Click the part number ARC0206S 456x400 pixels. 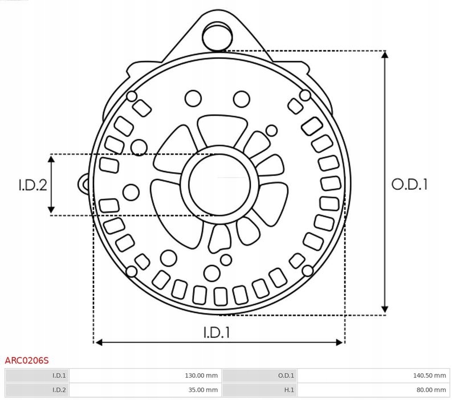pyautogui.click(x=27, y=360)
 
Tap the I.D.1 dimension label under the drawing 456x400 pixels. pyautogui.click(x=217, y=332)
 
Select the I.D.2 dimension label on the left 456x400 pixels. pyautogui.click(x=32, y=185)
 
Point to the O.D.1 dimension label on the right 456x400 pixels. pyautogui.click(x=409, y=185)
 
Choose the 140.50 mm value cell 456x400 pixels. pyautogui.click(x=433, y=375)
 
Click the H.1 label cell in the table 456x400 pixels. pyautogui.click(x=288, y=390)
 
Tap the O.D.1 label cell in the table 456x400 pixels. pyautogui.click(x=286, y=375)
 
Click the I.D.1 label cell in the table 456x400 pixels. pyautogui.click(x=59, y=375)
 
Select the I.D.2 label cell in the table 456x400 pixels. pyautogui.click(x=59, y=390)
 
